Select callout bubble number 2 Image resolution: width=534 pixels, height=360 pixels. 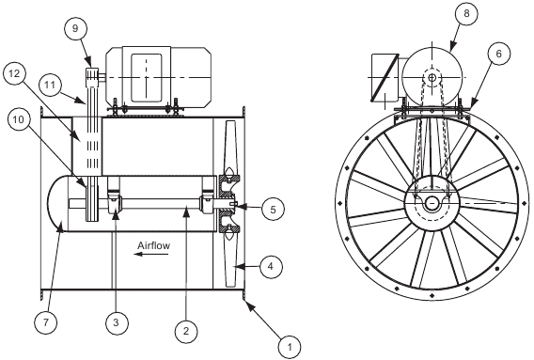(x=186, y=330)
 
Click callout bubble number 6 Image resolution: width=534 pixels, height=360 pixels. (x=498, y=54)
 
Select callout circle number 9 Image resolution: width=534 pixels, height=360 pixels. (x=76, y=30)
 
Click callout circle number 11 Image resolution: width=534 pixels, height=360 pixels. (x=51, y=86)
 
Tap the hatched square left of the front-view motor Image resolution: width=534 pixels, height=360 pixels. (x=385, y=77)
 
